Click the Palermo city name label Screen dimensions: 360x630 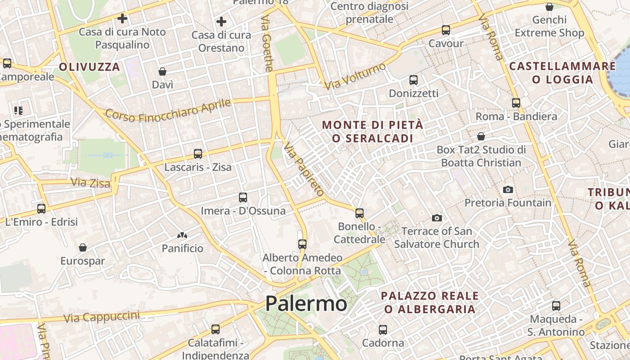click(306, 303)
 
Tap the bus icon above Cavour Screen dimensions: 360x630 click(445, 30)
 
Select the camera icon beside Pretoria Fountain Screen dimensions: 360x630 click(508, 189)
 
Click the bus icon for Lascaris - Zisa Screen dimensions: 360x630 click(198, 154)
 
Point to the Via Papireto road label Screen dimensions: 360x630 click(304, 169)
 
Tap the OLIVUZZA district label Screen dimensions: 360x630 click(90, 67)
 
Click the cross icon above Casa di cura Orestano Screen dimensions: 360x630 click(221, 22)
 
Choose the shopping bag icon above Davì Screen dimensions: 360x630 click(162, 72)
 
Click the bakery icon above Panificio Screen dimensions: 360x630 click(182, 235)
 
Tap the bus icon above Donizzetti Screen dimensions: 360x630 click(414, 80)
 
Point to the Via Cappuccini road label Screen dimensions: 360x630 click(101, 317)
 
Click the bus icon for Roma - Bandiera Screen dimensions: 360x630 click(516, 103)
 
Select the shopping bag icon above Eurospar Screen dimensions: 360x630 click(83, 247)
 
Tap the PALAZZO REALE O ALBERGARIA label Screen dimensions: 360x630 click(430, 302)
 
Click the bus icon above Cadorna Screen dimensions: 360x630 click(383, 329)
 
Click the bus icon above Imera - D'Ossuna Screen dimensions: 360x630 click(243, 197)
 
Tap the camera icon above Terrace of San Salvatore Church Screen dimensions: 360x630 click(436, 218)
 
